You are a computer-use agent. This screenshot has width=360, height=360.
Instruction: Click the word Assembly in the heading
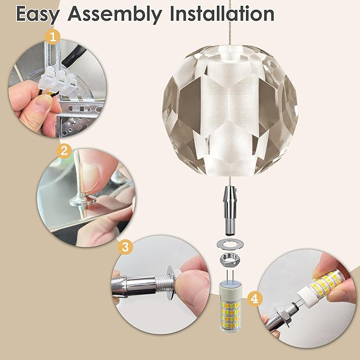[x=115, y=14]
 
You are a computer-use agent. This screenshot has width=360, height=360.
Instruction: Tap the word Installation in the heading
[x=222, y=14]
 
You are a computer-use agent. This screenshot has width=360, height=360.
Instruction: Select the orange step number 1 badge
[x=53, y=37]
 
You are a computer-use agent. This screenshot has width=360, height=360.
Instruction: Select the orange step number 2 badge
[x=64, y=151]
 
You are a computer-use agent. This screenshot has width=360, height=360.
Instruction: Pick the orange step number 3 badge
[x=125, y=247]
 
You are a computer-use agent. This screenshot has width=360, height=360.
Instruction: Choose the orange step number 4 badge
[x=255, y=299]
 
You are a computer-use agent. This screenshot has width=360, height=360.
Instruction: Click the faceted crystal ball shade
[x=230, y=111]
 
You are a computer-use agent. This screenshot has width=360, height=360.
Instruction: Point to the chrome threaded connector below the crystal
[x=230, y=211]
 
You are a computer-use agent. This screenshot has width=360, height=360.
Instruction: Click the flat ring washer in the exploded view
[x=230, y=244]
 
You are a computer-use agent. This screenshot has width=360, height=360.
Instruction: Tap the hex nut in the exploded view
[x=230, y=260]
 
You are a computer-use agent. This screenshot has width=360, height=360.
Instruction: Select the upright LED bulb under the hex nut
[x=230, y=306]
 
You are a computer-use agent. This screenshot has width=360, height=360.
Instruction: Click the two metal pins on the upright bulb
[x=230, y=276]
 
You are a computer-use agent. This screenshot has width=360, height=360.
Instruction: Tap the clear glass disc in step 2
[x=83, y=200]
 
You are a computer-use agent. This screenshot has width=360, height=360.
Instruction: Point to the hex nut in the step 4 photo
[x=284, y=318]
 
